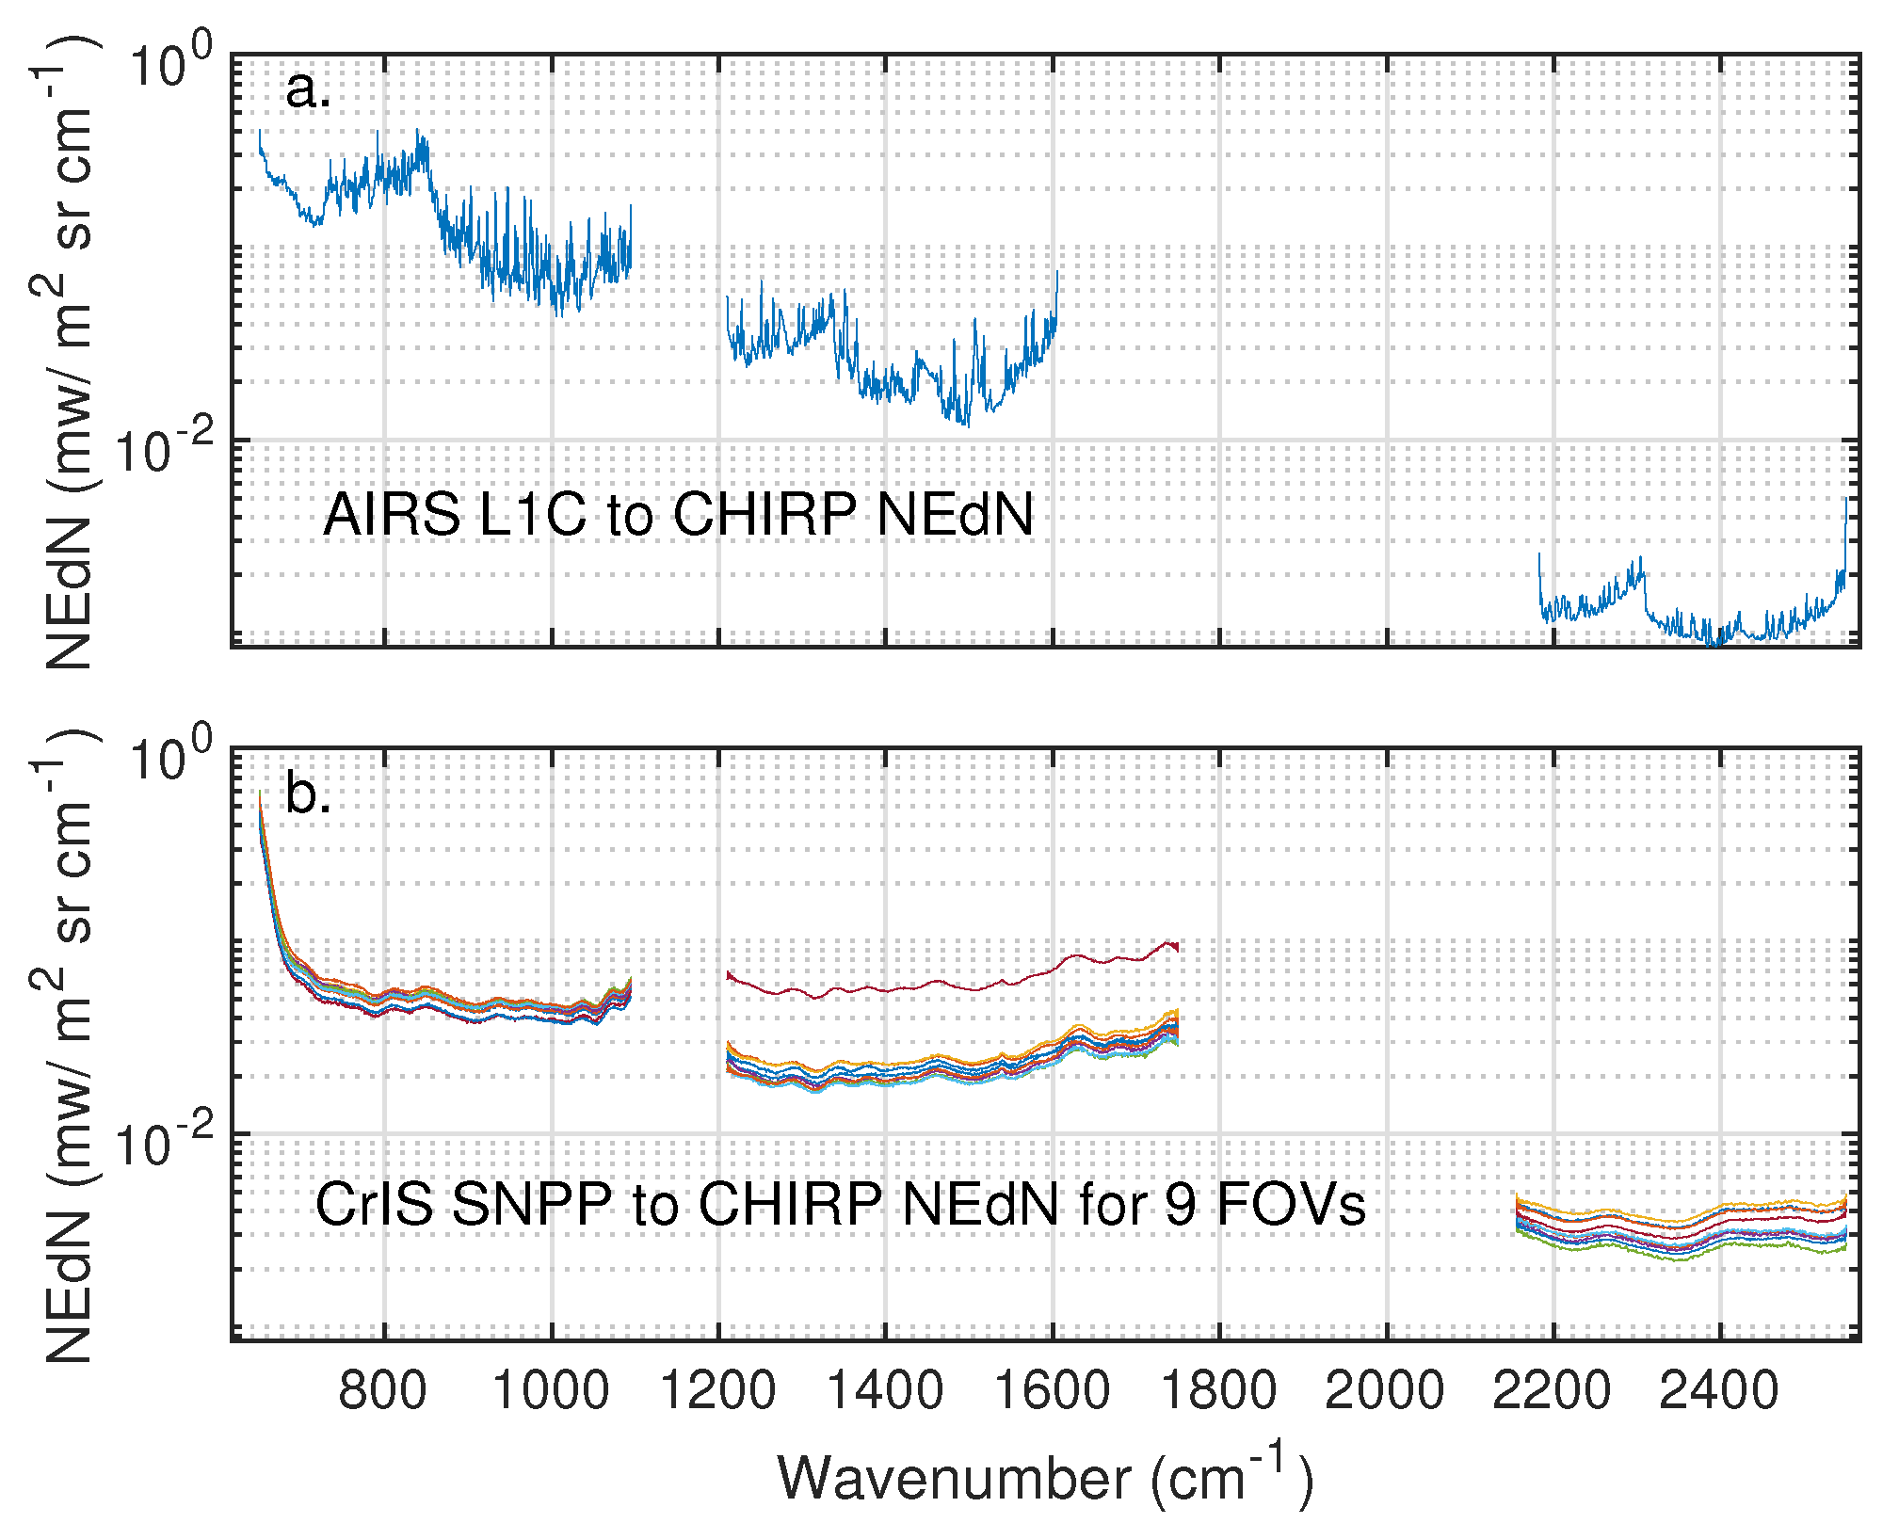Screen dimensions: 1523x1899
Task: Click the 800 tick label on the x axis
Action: coord(382,1391)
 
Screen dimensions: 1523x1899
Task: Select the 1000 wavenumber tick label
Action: coord(551,1391)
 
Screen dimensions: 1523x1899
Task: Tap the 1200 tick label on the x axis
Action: coord(718,1391)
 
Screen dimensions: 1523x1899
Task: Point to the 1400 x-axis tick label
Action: coord(885,1391)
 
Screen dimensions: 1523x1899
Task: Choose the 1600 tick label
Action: coord(1053,1391)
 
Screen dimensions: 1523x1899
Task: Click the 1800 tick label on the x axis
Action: coord(1219,1391)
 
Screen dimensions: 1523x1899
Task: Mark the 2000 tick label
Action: coord(1385,1391)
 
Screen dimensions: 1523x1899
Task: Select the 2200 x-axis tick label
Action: coord(1552,1391)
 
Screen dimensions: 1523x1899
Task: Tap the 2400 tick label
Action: coord(1719,1391)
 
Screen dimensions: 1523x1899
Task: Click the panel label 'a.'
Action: coord(308,91)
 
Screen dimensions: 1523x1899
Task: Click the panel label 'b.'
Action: coord(308,794)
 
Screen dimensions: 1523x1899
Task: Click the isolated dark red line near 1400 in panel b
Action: coord(885,989)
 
